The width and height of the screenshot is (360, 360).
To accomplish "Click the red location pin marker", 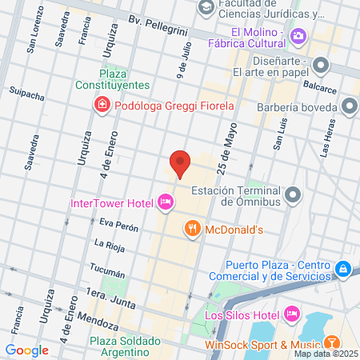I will pyautogui.click(x=180, y=164).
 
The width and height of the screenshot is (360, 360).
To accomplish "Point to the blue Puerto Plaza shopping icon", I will pyautogui.click(x=342, y=269).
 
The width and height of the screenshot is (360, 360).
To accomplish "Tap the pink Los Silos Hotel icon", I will pyautogui.click(x=291, y=313).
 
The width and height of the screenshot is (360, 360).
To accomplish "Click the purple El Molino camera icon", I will pyautogui.click(x=298, y=35).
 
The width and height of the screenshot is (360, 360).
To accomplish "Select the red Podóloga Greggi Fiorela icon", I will pyautogui.click(x=102, y=104).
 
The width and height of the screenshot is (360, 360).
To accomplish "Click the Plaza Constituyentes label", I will pyautogui.click(x=114, y=78).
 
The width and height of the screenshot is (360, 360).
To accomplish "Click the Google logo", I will pyautogui.click(x=26, y=350).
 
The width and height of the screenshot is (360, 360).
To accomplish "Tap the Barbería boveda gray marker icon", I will pyautogui.click(x=350, y=106).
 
